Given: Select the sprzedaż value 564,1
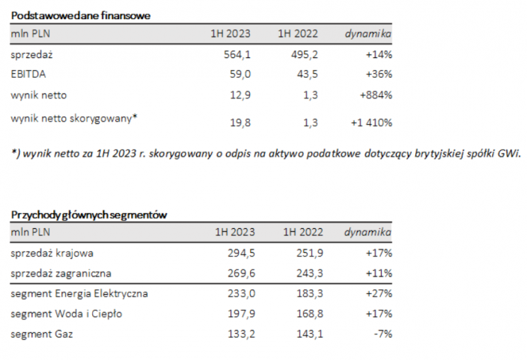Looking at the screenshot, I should point(238,54).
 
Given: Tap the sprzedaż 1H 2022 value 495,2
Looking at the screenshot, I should point(305,54).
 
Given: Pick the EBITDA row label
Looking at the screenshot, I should point(28,74).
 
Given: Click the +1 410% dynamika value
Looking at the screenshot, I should point(371,123).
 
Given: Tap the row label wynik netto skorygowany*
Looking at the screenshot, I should point(74,118).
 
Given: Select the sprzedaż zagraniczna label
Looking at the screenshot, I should point(61,272).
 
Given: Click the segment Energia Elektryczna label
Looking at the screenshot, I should point(79,293).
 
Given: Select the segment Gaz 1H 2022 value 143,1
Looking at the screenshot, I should point(305,333).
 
